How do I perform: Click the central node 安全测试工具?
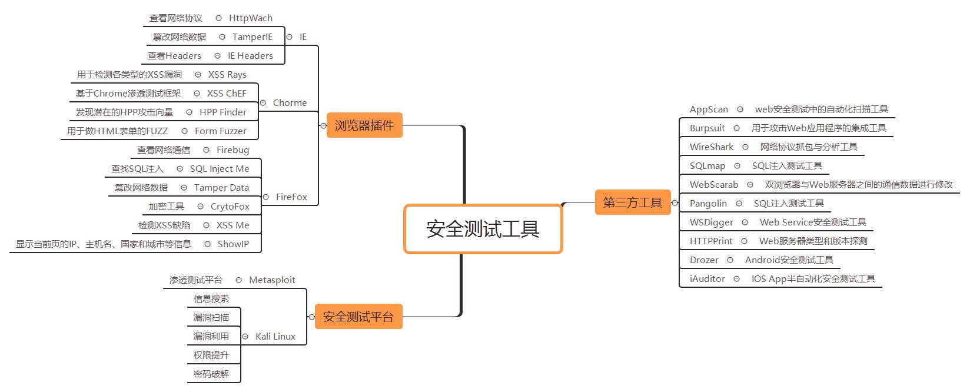[x=483, y=229]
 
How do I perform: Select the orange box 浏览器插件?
[x=364, y=125]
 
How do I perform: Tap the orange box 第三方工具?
[x=632, y=202]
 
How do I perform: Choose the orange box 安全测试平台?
[x=358, y=317]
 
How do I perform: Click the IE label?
[x=303, y=37]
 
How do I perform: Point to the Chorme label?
[x=290, y=103]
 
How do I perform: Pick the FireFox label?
[x=291, y=197]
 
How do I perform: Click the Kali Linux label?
[x=275, y=337]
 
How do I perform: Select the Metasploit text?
[x=272, y=280]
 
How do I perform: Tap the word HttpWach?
[x=251, y=18]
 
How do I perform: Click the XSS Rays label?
[x=227, y=75]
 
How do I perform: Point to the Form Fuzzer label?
[x=221, y=131]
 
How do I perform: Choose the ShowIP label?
[x=233, y=244]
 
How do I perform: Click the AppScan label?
[x=709, y=109]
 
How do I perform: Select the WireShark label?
[x=712, y=147]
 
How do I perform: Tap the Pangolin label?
[x=708, y=204]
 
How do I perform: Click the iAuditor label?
[x=707, y=279]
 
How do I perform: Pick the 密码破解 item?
[x=211, y=374]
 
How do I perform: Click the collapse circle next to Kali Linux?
[x=245, y=337]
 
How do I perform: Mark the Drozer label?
[x=704, y=260]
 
